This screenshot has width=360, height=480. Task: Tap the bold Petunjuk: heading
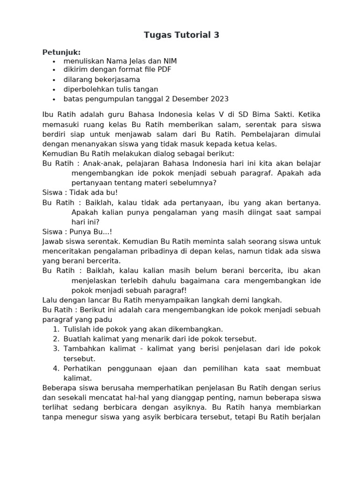coord(61,52)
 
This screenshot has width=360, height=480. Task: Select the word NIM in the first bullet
coord(169,61)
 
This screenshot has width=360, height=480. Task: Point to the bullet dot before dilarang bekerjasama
coord(54,80)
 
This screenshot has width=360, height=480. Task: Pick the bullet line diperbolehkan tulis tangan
coord(111,89)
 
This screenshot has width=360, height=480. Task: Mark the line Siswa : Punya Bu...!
coord(77,232)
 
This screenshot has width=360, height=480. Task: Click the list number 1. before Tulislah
coord(56,329)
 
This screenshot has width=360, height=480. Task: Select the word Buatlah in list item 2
coord(78,338)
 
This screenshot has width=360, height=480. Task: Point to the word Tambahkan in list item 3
coord(82,348)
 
